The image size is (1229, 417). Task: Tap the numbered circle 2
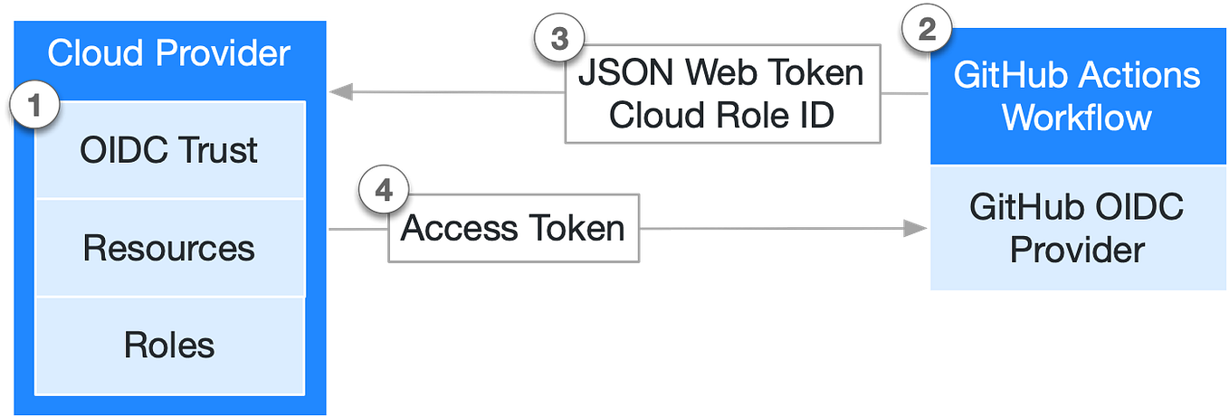point(927,30)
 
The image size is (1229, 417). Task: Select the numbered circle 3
point(559,41)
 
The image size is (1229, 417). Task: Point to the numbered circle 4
point(384,192)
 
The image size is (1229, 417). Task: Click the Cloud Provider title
point(168,53)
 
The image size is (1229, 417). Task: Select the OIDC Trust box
point(169,150)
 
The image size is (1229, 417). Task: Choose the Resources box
point(169,248)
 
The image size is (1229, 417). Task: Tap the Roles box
point(169,345)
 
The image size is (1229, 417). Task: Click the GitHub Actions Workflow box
point(1076,96)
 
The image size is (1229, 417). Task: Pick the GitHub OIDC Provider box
point(1076,229)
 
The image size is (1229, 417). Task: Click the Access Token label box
point(513,228)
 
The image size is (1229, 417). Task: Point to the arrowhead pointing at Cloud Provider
point(338,91)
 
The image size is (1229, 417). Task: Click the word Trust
point(214,150)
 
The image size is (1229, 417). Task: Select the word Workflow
point(1076,118)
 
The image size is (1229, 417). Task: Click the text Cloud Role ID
point(721,116)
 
